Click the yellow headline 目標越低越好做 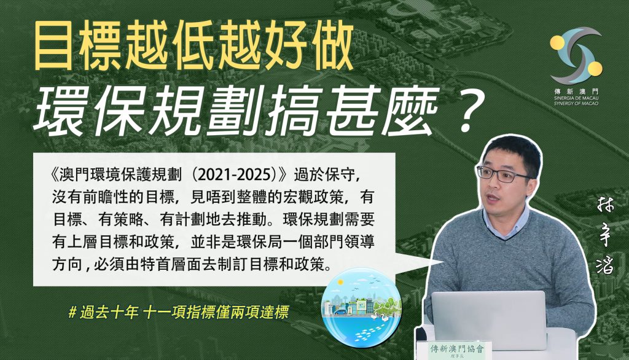[193, 45]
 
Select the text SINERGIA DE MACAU [576, 98]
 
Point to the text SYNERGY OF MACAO [576, 104]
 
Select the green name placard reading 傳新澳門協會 [457, 350]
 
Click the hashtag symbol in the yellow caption [72, 312]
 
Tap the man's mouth [493, 198]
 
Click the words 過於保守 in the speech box [324, 175]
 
